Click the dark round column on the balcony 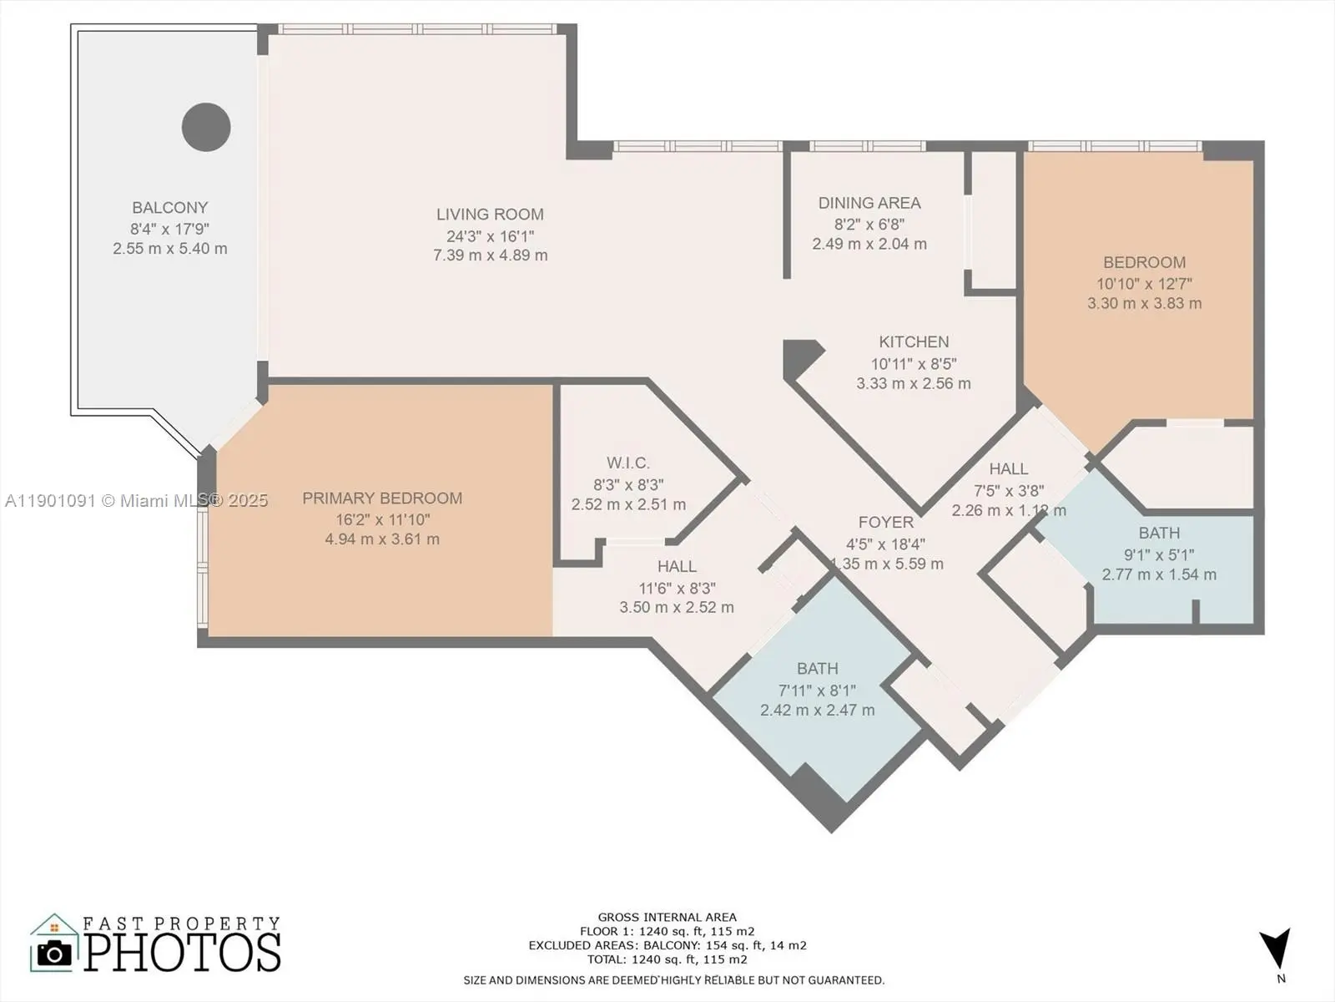click(x=206, y=127)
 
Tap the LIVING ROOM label click(x=491, y=214)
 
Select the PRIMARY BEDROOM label click(x=382, y=498)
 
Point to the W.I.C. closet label click(x=628, y=463)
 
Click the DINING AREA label click(x=869, y=203)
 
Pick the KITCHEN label click(x=914, y=342)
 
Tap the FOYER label click(x=885, y=522)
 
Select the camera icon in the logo click(x=54, y=954)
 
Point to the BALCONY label click(x=169, y=207)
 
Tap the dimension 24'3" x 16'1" click(x=491, y=236)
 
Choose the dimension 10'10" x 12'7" click(x=1144, y=284)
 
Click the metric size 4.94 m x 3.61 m click(x=382, y=539)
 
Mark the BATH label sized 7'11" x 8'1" click(x=818, y=669)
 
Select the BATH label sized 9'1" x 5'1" click(x=1159, y=533)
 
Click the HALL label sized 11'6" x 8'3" click(x=677, y=566)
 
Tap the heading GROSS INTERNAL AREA click(x=667, y=917)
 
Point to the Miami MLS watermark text click(x=136, y=501)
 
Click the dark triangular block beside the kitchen click(x=799, y=357)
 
